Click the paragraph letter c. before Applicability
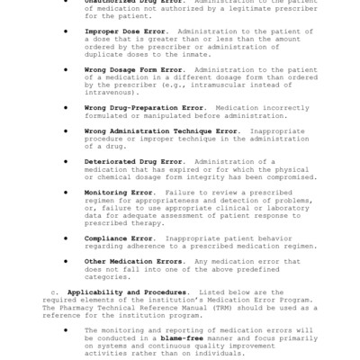point(54,292)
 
